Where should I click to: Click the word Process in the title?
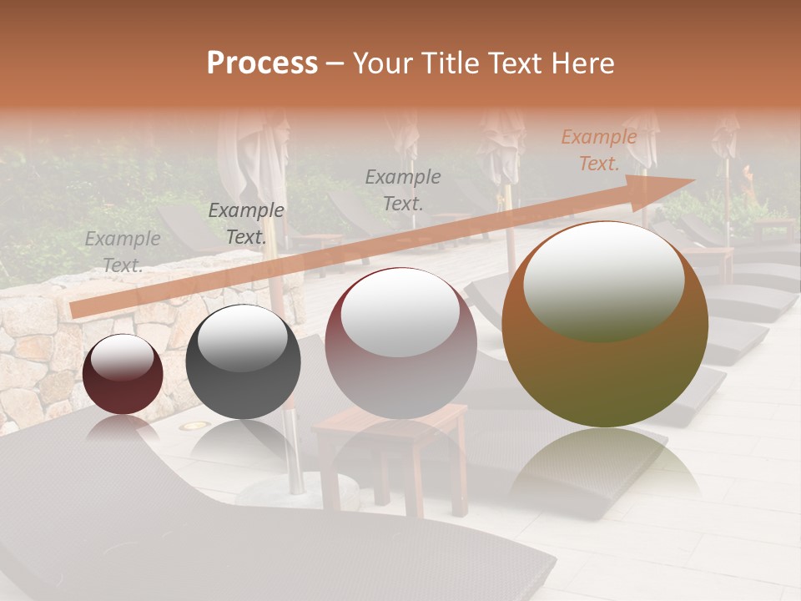click(x=262, y=63)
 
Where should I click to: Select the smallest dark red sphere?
click(x=123, y=375)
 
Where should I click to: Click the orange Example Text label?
click(x=598, y=150)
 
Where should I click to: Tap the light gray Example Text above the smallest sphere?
click(x=123, y=252)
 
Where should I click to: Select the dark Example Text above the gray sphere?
click(x=246, y=224)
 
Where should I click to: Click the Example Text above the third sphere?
click(x=403, y=189)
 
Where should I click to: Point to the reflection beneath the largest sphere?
click(x=605, y=463)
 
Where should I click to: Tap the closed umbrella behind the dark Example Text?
click(x=250, y=159)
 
